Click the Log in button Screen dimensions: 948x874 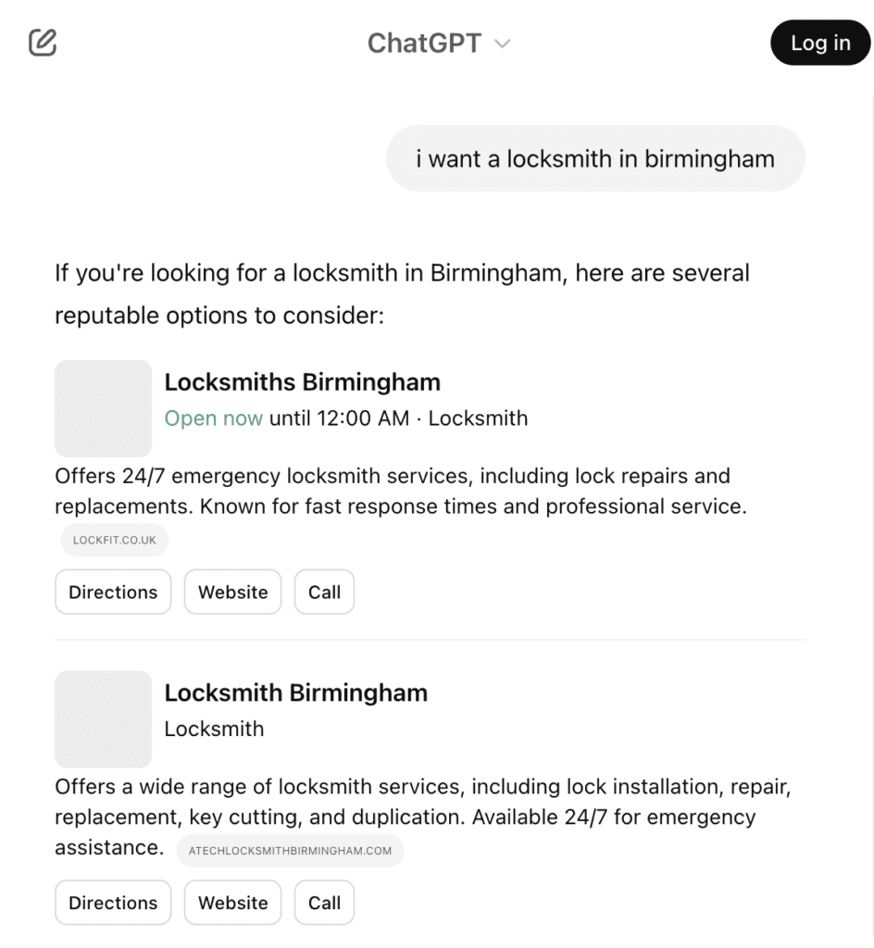[x=820, y=43]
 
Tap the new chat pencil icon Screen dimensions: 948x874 [x=43, y=43]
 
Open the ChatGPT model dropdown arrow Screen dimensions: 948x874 [x=503, y=44]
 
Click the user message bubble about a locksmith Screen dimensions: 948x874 [x=594, y=158]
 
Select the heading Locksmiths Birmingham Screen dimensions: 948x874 [x=302, y=381]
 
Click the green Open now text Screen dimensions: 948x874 [x=213, y=418]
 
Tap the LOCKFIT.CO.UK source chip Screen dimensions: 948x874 [x=115, y=540]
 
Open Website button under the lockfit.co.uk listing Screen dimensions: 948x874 [x=232, y=592]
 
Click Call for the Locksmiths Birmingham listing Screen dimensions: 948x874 [x=324, y=592]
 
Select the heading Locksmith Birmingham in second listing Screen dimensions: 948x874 [x=295, y=692]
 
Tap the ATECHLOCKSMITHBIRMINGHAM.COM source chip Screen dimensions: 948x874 [x=290, y=851]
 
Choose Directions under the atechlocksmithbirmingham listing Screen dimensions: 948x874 [x=113, y=903]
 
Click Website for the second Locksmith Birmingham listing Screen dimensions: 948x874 [x=232, y=903]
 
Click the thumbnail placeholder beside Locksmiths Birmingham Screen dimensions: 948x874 [x=103, y=408]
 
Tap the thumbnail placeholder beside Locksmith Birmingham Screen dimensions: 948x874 [x=103, y=719]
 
